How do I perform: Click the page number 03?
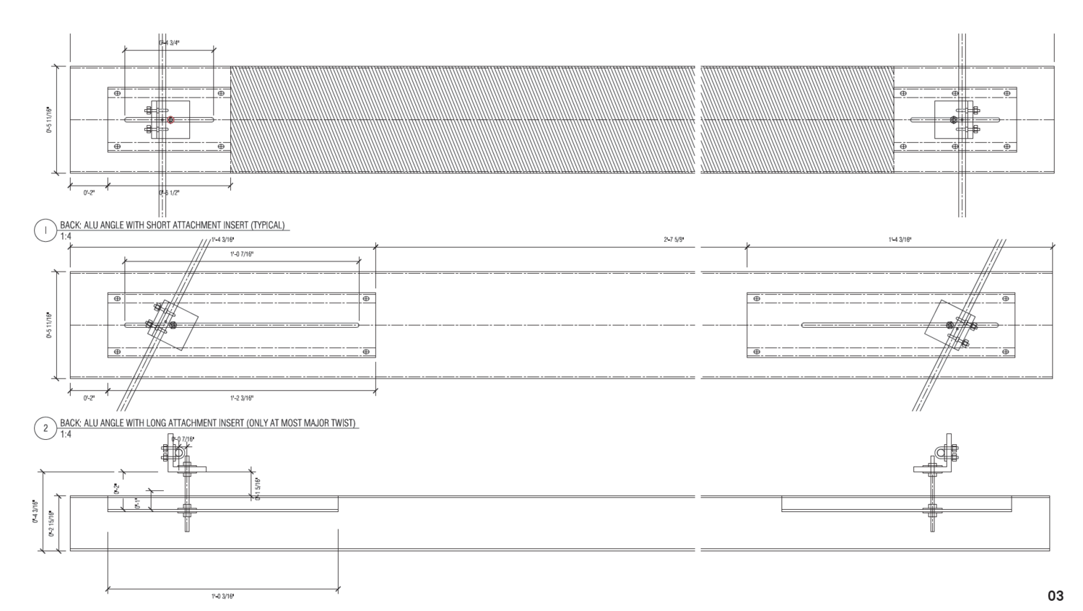pyautogui.click(x=1056, y=596)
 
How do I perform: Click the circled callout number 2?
pyautogui.click(x=45, y=428)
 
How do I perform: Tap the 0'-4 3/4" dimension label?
pyautogui.click(x=169, y=43)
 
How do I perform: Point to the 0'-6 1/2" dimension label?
pyautogui.click(x=169, y=193)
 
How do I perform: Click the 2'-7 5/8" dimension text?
pyautogui.click(x=674, y=239)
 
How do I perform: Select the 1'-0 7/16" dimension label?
pyautogui.click(x=241, y=253)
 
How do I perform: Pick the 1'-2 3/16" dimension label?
pyautogui.click(x=241, y=398)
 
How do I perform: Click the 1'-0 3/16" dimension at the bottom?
pyautogui.click(x=222, y=597)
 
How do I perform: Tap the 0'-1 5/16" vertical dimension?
pyautogui.click(x=257, y=488)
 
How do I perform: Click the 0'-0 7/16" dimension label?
pyautogui.click(x=183, y=439)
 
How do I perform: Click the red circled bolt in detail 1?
pyautogui.click(x=171, y=120)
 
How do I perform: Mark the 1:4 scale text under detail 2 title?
pyautogui.click(x=66, y=434)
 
